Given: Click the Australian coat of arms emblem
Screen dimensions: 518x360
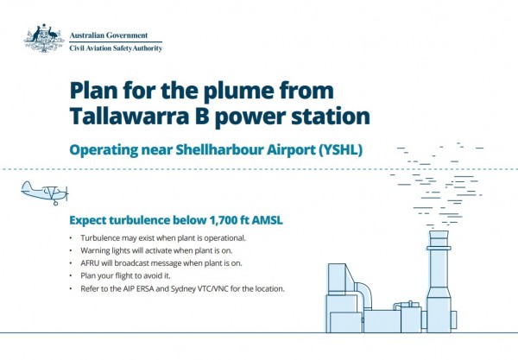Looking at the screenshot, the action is point(44,38).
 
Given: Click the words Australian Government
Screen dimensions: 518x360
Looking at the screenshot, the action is point(109,35).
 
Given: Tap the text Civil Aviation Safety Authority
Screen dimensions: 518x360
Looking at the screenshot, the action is point(116,48).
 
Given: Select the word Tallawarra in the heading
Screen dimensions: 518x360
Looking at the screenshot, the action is point(129,117).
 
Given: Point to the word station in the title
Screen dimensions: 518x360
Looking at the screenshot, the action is point(331,117).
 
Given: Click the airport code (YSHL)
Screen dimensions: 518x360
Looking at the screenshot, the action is point(341,150).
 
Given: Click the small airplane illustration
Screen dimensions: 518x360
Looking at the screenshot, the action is point(45,193).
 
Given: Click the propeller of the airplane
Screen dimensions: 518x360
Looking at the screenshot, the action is point(66,193).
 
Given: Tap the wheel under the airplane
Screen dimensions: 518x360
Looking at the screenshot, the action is point(55,203).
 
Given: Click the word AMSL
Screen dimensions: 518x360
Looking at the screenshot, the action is point(268,220).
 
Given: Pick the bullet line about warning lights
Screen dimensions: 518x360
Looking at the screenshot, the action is point(156,250).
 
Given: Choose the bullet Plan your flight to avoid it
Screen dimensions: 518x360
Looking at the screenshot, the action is point(125,275).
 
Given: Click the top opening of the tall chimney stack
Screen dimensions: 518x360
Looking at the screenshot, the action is point(439,232).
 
